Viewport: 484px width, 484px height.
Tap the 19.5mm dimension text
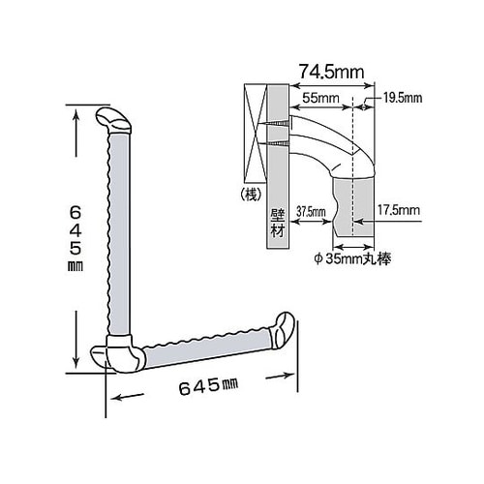tap(401, 98)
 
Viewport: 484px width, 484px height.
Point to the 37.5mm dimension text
tap(310, 208)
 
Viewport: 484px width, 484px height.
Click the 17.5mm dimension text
tap(399, 208)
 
